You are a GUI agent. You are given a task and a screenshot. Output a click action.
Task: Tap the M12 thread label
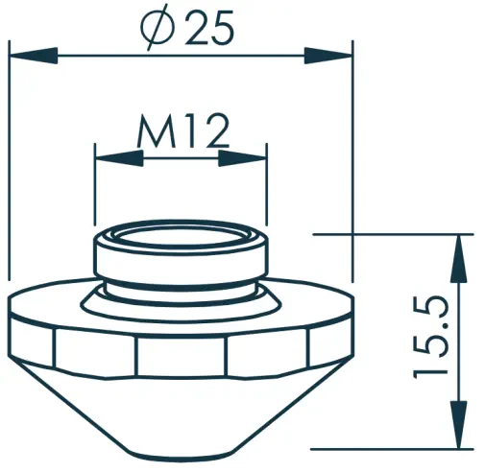click(x=183, y=131)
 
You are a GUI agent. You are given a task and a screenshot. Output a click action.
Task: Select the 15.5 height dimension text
click(x=430, y=338)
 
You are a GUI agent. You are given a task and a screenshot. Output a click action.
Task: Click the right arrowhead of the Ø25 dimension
click(x=328, y=56)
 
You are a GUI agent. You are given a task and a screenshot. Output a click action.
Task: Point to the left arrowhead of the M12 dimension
click(x=119, y=158)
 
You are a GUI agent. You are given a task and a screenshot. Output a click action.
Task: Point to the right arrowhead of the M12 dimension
click(x=242, y=158)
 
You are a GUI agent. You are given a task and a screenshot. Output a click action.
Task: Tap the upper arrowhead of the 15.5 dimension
click(x=458, y=258)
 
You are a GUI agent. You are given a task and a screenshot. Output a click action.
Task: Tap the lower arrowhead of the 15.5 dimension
click(x=458, y=425)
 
